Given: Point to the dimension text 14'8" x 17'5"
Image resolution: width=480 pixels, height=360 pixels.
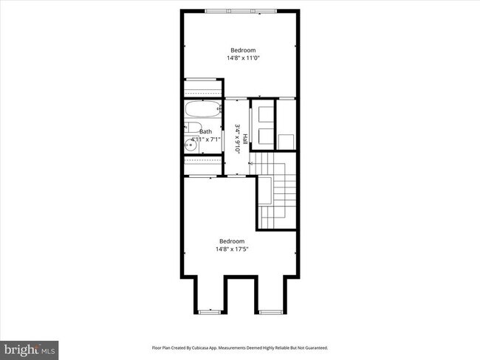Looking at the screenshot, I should tap(231, 249).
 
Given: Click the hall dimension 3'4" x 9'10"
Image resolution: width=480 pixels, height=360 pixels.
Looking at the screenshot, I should tap(237, 138).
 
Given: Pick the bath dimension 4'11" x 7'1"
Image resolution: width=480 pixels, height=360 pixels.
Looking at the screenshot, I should tap(206, 139).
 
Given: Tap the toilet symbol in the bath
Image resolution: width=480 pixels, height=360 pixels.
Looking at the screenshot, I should tap(189, 128).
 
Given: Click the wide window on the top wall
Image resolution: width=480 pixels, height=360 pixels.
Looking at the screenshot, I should tap(241, 10).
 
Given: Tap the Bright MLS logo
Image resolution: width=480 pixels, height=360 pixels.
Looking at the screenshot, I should tap(30, 347).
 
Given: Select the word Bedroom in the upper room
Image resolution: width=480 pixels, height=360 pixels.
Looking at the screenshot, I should tap(241, 50).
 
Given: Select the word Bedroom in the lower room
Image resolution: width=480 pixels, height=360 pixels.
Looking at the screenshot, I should tap(231, 241).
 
